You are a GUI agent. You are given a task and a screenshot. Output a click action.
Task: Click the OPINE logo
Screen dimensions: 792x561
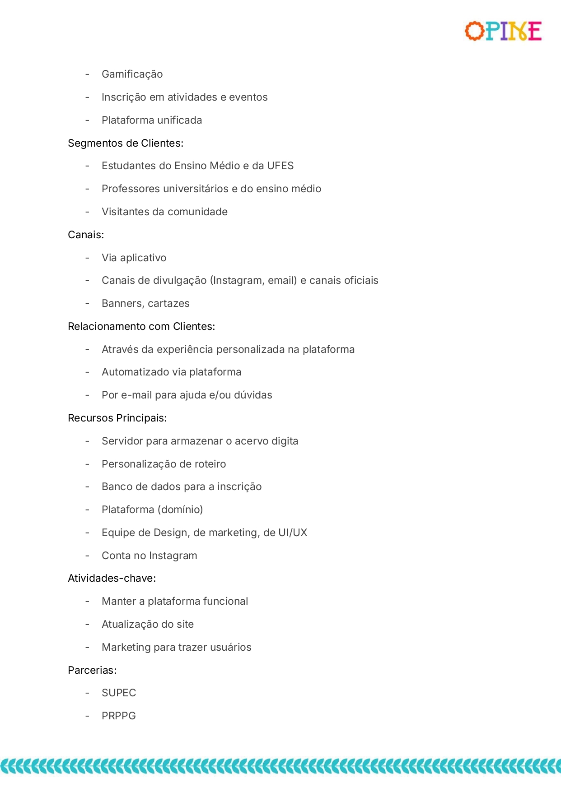503,31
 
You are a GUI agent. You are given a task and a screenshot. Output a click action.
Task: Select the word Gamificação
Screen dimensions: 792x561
132,74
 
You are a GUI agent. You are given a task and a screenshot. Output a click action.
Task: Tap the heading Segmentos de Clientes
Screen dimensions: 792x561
126,143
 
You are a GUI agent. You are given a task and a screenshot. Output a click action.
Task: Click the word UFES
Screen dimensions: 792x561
280,166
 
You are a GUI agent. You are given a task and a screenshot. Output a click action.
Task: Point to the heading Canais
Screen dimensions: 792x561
86,235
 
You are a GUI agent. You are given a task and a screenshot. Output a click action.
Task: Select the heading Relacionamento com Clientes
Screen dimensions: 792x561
141,326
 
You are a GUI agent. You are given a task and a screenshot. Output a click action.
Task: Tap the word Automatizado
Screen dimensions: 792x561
136,372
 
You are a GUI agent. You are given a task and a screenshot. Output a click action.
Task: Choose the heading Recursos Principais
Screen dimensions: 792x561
117,418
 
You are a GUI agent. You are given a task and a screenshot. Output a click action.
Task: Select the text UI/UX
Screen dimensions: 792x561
293,533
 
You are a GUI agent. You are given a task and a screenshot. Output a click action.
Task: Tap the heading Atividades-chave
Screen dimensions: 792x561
112,578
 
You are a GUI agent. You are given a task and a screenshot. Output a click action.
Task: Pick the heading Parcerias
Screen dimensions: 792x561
92,670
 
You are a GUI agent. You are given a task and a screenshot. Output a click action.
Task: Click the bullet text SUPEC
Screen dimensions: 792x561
119,693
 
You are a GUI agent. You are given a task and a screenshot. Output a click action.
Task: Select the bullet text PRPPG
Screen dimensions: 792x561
119,716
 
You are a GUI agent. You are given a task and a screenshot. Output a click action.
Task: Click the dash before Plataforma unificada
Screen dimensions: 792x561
87,120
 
